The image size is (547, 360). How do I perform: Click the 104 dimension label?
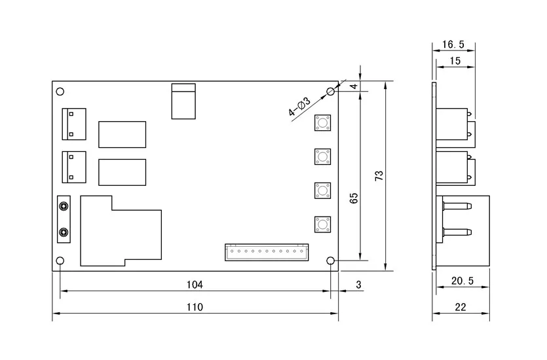195,285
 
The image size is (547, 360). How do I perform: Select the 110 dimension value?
195,307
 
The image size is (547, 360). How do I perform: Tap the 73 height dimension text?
379,175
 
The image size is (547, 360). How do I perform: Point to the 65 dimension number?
354,198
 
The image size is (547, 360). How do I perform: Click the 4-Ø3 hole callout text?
299,107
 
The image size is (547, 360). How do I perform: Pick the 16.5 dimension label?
453,45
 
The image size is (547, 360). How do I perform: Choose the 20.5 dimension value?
462,281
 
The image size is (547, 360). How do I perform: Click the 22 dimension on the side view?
461,307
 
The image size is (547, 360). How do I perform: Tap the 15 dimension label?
455,61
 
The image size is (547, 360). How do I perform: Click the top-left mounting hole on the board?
60,92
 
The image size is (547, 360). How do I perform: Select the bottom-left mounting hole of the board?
60,261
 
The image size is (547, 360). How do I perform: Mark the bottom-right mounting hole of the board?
330,261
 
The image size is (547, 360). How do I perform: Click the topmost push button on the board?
323,122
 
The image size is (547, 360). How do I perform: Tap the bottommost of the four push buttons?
323,225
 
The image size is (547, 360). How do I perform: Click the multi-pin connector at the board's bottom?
267,252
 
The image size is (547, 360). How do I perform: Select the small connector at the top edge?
183,101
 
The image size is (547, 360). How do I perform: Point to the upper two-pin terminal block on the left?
74,124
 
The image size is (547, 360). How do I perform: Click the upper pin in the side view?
457,206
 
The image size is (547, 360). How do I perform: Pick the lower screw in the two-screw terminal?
64,232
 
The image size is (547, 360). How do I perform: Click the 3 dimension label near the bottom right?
358,285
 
